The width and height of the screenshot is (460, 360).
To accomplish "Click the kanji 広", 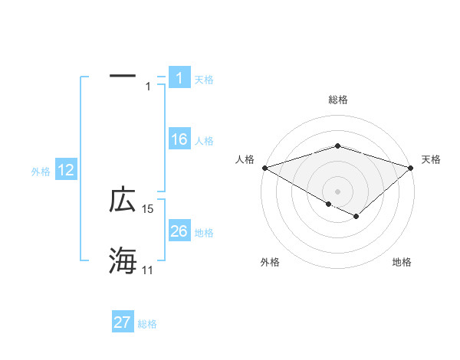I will tap(123, 200).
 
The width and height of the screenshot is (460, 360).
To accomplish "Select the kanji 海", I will tap(123, 260).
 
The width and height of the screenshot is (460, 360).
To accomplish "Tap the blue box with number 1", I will tap(179, 77).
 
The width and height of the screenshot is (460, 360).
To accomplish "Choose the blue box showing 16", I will tap(179, 139).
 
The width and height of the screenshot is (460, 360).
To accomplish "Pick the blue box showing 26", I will tap(179, 231).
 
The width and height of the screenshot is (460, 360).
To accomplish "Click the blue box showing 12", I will tap(66, 170).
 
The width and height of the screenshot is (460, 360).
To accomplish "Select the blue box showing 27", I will tap(123, 322).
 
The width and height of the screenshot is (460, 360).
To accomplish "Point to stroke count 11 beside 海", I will tap(147, 270).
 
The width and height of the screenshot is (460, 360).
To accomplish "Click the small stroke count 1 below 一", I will tap(148, 87).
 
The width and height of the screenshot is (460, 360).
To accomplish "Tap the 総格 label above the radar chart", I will tap(337, 100).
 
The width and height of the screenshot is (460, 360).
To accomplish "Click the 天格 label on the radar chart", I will tap(432, 159).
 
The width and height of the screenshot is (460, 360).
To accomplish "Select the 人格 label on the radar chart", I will tap(245, 159).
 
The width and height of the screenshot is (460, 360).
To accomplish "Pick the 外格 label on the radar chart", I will tap(269, 262).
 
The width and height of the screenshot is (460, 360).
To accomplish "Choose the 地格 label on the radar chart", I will tap(402, 262).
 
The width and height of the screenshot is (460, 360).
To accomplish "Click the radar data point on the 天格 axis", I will tap(412, 167).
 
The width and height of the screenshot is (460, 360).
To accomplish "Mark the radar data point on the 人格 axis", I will tap(264, 167).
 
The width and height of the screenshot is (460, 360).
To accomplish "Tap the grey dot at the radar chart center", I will tap(337, 191).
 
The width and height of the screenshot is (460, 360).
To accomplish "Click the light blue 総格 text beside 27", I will tap(147, 324).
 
